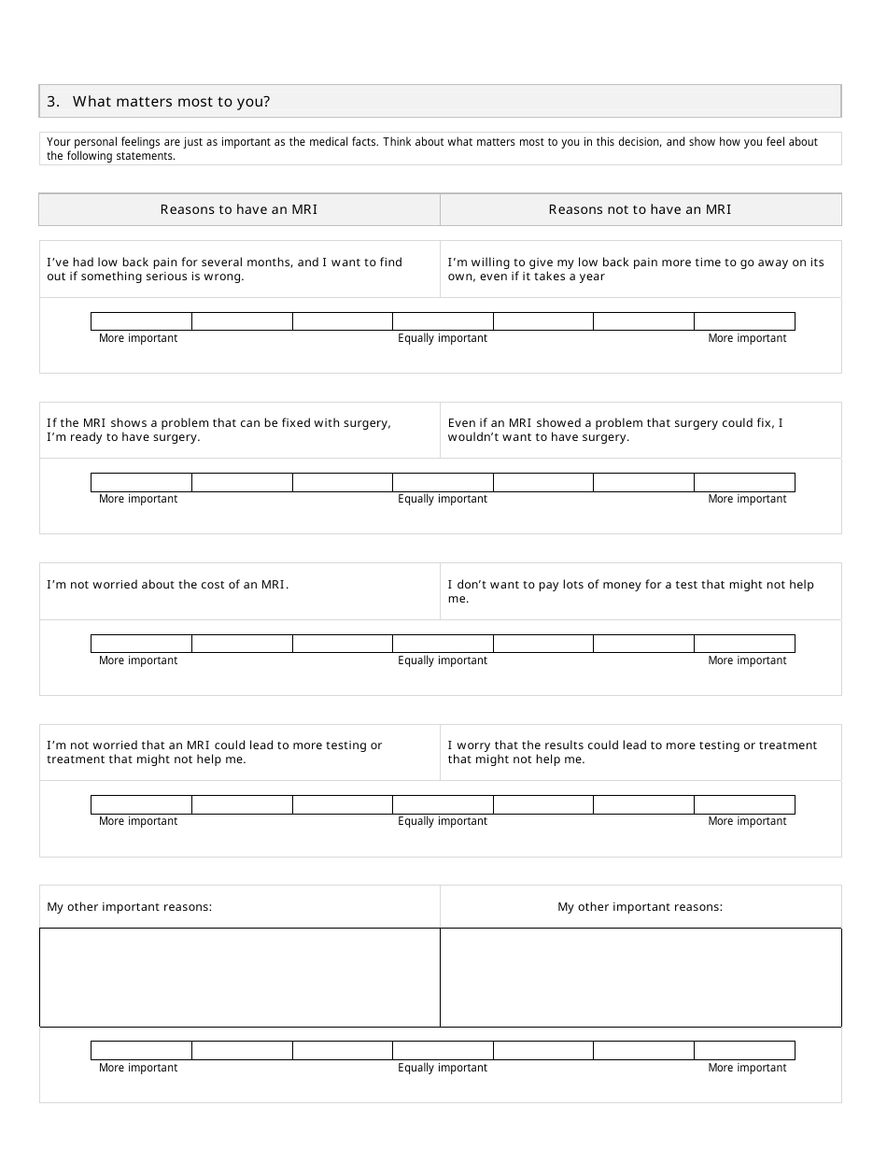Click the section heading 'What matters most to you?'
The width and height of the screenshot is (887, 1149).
[171, 102]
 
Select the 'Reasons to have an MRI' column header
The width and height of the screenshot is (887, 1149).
[239, 209]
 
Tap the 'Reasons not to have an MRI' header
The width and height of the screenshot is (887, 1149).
[640, 209]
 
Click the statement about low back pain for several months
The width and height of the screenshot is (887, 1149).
[224, 269]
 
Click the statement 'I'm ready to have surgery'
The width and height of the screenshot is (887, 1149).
[218, 430]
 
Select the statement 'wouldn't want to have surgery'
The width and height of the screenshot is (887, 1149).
[615, 430]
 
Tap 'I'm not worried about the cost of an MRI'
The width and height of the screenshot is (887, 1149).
[168, 585]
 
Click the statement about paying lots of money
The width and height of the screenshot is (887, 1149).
[630, 591]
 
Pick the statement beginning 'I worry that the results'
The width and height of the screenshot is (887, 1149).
[632, 752]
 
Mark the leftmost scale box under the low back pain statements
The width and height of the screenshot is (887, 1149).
[141, 321]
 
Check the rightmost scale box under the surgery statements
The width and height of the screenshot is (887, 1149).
[744, 482]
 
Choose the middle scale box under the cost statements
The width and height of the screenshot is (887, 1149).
[443, 644]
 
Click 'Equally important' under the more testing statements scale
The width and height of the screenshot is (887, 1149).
[443, 821]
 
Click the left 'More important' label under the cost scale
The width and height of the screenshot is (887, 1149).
[138, 660]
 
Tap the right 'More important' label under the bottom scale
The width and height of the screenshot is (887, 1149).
[747, 1068]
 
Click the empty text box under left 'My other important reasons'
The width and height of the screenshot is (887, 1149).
[239, 977]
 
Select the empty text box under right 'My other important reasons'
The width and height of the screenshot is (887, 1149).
[640, 977]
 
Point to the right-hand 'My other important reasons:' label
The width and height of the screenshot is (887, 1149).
[640, 907]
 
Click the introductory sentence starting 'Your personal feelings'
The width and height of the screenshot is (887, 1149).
[432, 149]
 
